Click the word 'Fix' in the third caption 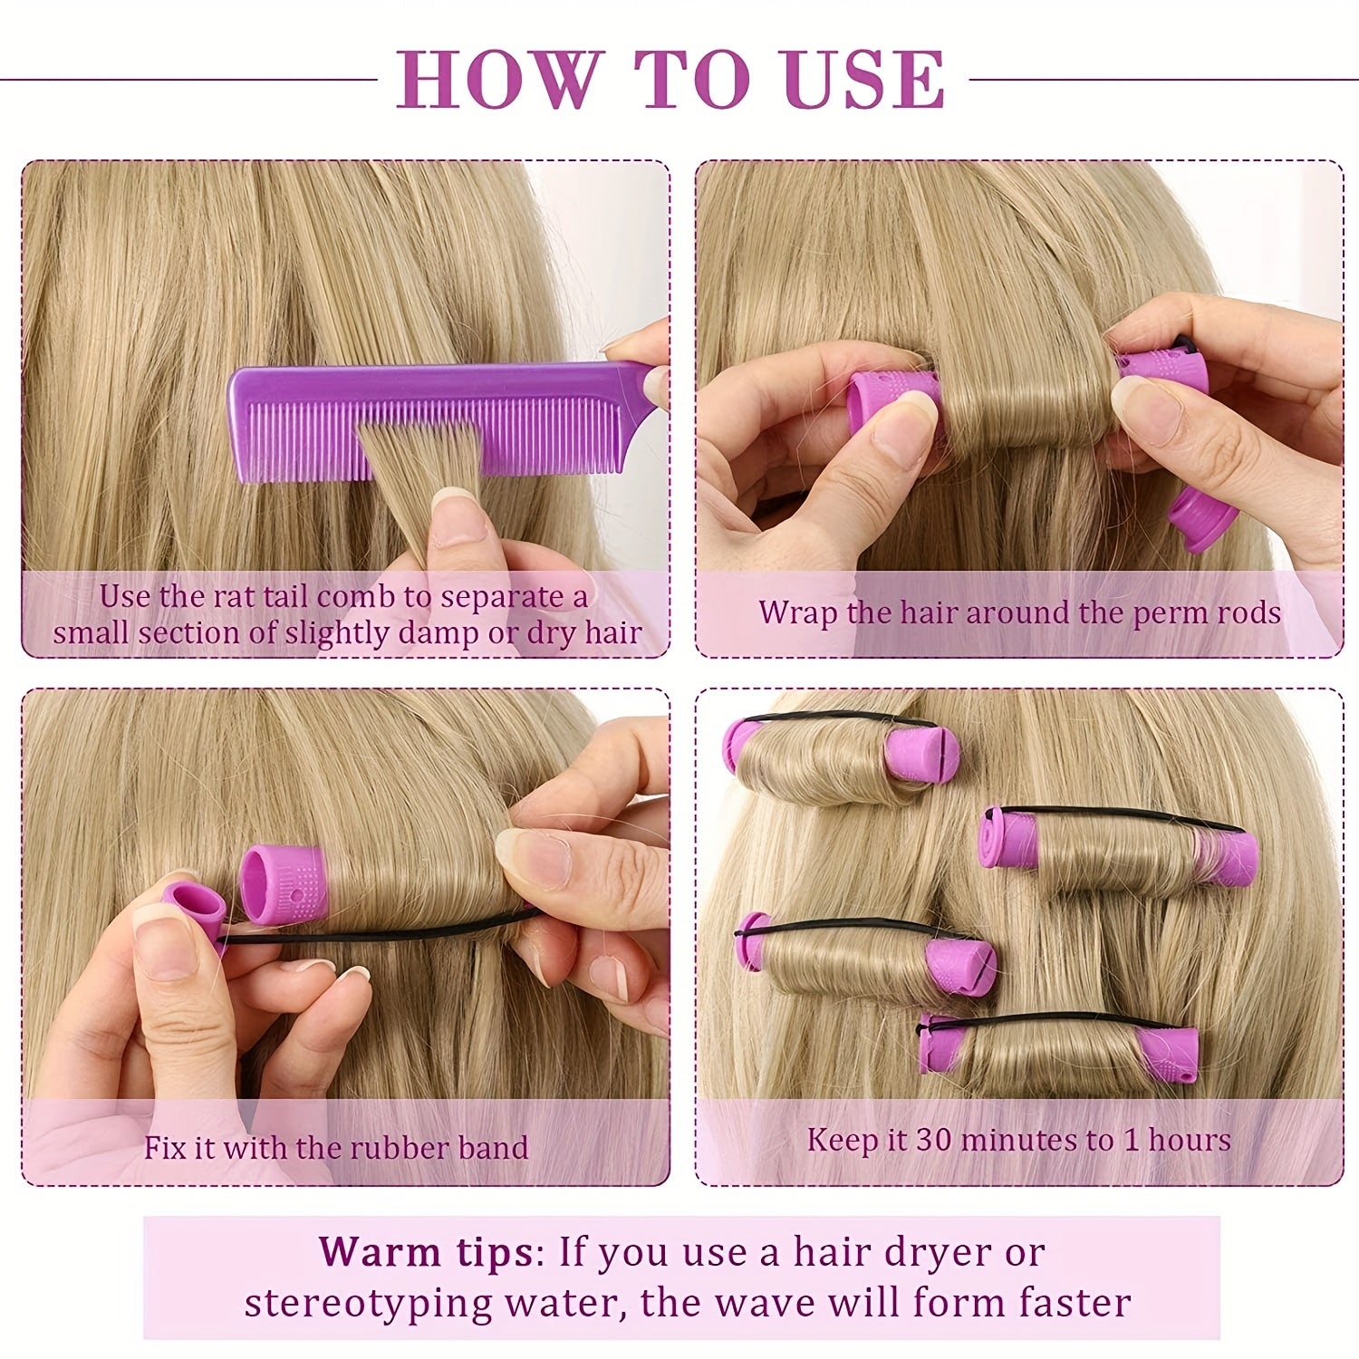[165, 1148]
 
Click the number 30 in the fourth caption [933, 1140]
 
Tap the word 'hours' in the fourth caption [1190, 1140]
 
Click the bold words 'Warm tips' [426, 1253]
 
